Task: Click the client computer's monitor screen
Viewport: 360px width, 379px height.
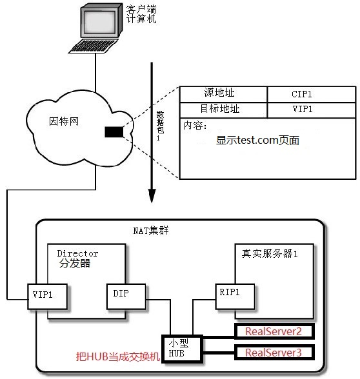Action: (99, 21)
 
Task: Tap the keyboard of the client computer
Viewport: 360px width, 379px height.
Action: (93, 46)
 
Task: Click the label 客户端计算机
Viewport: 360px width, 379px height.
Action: (141, 14)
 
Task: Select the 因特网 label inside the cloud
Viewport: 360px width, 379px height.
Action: (64, 121)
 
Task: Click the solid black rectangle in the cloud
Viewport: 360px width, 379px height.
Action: (114, 132)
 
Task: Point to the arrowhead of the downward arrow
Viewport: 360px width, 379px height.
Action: (152, 195)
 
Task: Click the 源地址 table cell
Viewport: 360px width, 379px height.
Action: (223, 94)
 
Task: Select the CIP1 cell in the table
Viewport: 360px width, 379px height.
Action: (312, 94)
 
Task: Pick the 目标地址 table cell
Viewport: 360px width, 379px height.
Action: (223, 110)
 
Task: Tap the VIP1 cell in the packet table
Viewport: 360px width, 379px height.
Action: (312, 110)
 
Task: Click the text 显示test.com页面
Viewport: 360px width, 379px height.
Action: (257, 141)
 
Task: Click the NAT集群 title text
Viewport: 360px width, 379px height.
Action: (151, 230)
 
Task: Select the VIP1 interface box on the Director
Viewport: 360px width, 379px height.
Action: (48, 296)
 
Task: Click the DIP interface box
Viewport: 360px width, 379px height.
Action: (126, 296)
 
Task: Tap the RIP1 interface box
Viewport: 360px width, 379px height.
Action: (235, 296)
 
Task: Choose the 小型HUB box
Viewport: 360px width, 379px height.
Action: (183, 349)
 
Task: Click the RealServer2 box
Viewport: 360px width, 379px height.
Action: (274, 331)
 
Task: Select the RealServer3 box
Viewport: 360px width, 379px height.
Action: (274, 353)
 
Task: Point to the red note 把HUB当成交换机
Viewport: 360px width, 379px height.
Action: (118, 356)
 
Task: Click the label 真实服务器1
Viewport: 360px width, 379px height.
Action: (270, 253)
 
